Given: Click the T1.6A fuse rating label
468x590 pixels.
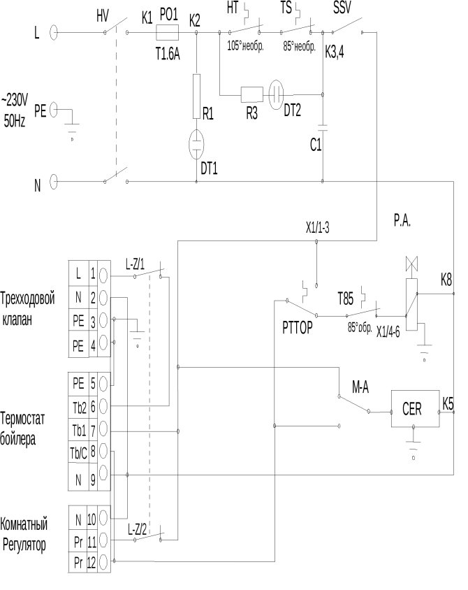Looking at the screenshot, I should click(168, 52).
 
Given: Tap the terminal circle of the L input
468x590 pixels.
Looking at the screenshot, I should click(54, 32).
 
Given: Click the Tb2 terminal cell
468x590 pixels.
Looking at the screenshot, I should click(78, 405).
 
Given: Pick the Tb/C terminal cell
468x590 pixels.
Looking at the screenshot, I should click(78, 451).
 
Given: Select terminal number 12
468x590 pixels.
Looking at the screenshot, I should click(91, 563).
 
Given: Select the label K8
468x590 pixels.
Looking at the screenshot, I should click(446, 280).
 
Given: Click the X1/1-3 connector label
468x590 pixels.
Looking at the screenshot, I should click(318, 228).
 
